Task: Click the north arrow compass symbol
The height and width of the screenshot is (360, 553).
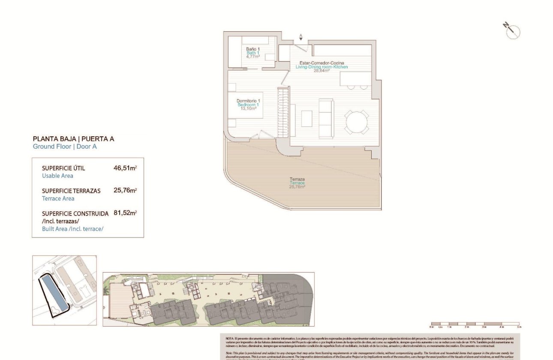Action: tap(512, 31)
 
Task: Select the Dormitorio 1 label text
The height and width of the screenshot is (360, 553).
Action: tap(248, 101)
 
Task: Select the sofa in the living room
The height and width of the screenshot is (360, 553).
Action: tap(326, 118)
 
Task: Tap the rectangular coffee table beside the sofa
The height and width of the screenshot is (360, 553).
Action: tap(307, 119)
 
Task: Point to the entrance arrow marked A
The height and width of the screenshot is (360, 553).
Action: tap(301, 37)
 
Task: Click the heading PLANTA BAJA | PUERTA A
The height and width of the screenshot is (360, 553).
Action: tap(73, 139)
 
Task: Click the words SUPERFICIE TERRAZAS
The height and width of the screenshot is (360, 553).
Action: tap(71, 191)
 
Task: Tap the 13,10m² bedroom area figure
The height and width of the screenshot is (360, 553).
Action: tap(248, 109)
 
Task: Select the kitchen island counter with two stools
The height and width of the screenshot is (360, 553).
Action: tap(355, 80)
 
